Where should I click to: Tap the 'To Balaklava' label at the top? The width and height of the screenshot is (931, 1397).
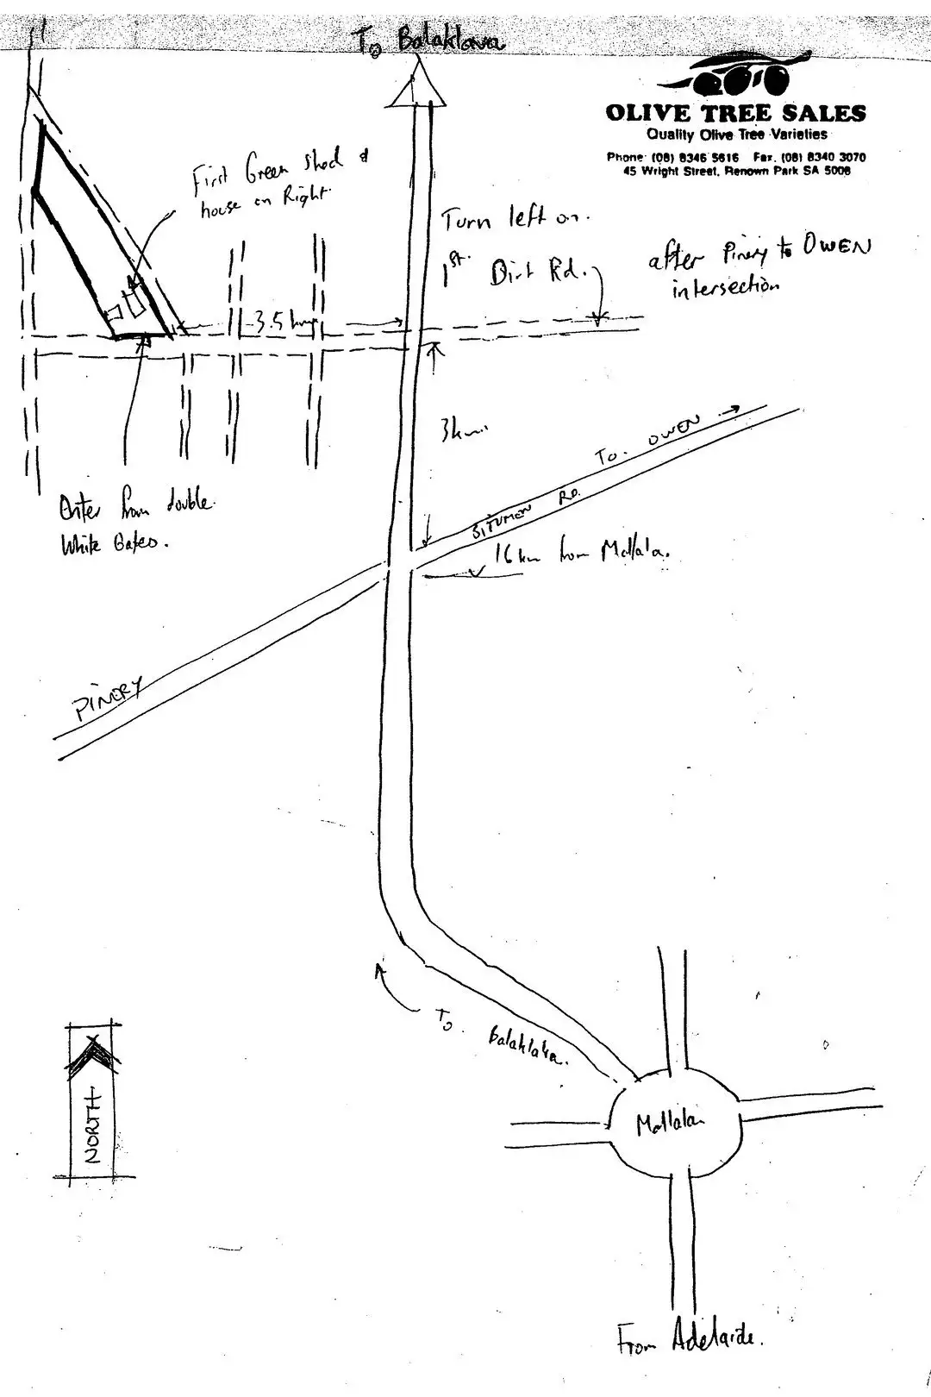[428, 39]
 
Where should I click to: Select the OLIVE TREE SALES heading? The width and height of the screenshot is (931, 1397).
[735, 113]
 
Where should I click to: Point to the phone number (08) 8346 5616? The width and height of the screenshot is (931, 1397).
[672, 157]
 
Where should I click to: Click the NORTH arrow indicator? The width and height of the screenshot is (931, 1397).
[93, 1095]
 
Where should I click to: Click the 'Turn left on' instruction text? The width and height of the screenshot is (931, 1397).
[515, 220]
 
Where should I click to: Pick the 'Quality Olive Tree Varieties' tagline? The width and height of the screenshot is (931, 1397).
[736, 135]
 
